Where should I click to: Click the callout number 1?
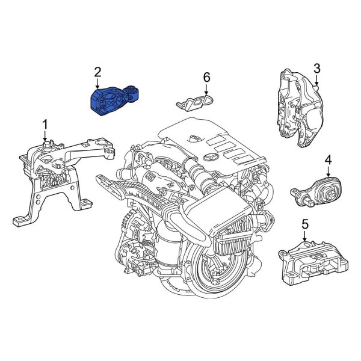click(44, 125)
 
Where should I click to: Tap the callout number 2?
click(97, 72)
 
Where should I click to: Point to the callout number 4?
click(328, 159)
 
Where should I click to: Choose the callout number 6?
click(206, 77)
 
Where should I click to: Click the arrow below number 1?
click(44, 137)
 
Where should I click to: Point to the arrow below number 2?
click(97, 84)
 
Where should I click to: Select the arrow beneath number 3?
click(316, 78)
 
